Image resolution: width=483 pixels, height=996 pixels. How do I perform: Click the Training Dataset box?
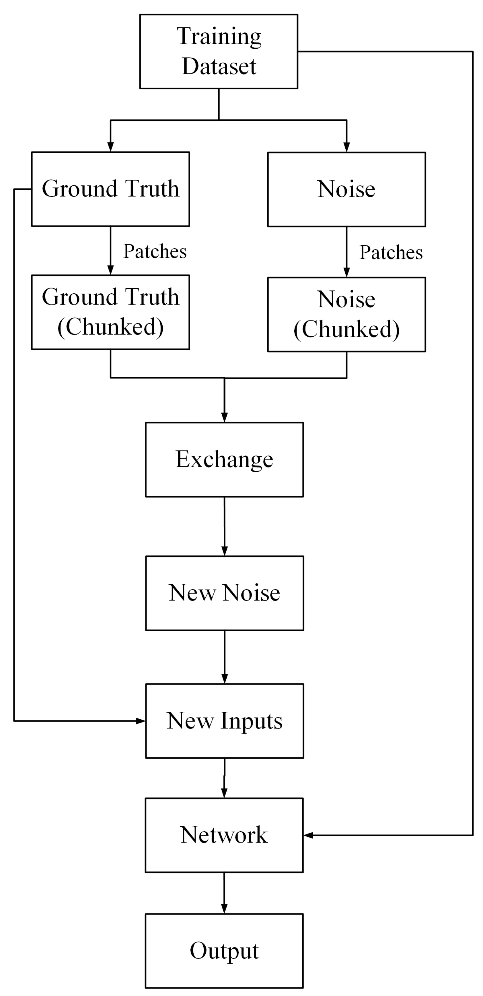pyautogui.click(x=219, y=52)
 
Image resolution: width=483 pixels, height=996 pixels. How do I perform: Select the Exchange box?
pyautogui.click(x=225, y=459)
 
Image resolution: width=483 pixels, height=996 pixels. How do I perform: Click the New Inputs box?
pyautogui.click(x=225, y=721)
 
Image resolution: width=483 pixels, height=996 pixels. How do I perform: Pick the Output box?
pyautogui.click(x=224, y=951)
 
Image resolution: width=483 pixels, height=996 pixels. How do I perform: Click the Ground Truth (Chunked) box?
pyautogui.click(x=110, y=312)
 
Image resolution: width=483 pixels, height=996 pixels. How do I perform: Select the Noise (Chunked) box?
pyautogui.click(x=346, y=314)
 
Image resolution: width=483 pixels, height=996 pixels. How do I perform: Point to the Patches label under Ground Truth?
pyautogui.click(x=155, y=251)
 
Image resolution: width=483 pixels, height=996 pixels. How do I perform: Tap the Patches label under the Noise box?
pyautogui.click(x=391, y=252)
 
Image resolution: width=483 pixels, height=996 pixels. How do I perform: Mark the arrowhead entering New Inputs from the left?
pyautogui.click(x=141, y=721)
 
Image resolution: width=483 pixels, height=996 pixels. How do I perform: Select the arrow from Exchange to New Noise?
pyautogui.click(x=225, y=526)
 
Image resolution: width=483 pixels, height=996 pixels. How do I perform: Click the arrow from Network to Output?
pyautogui.click(x=224, y=893)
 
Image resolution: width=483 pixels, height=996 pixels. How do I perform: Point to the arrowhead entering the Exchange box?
pyautogui.click(x=225, y=417)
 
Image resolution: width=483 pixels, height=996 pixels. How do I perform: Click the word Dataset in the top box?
pyautogui.click(x=219, y=66)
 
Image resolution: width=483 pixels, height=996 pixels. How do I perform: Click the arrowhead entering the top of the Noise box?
pyautogui.click(x=346, y=147)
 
